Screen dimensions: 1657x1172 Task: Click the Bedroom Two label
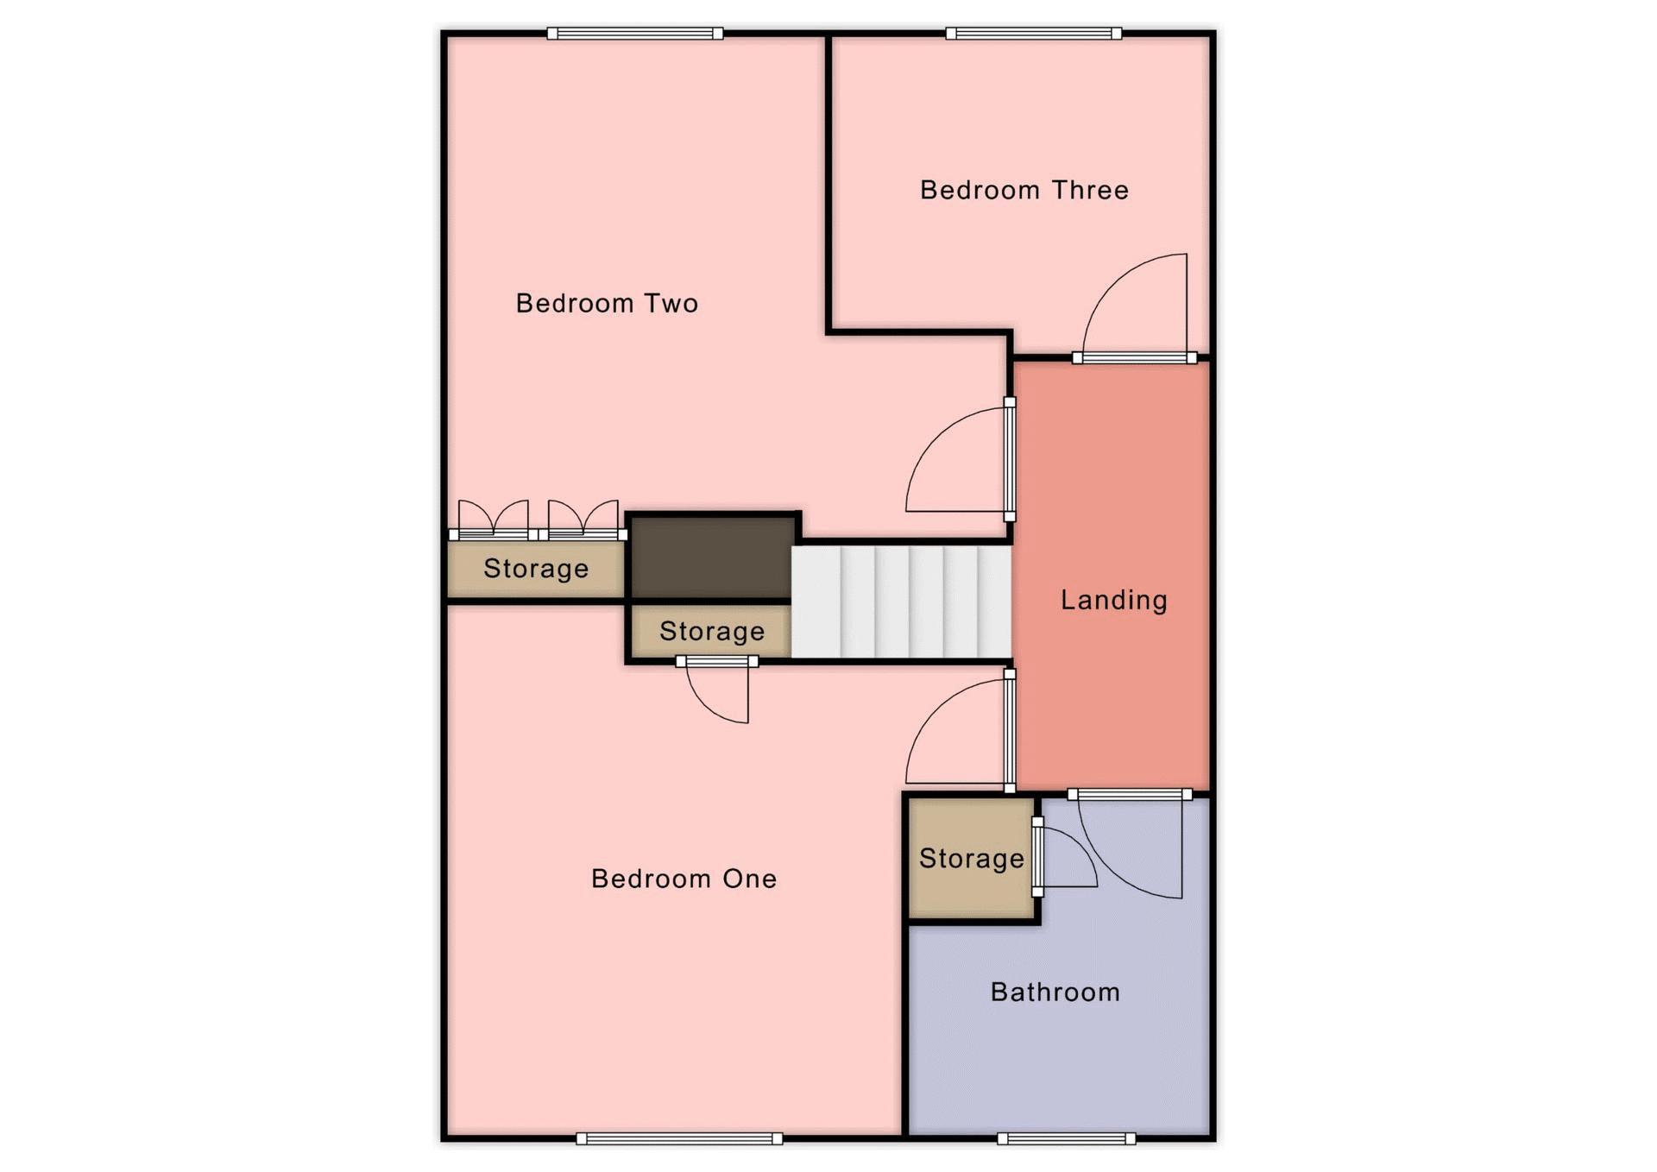coord(607,303)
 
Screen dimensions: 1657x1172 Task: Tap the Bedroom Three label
coord(1024,190)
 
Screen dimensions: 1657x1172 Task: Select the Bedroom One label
coord(684,879)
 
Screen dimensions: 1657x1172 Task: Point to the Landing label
coord(1113,600)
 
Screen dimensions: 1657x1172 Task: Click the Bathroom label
coord(1055,992)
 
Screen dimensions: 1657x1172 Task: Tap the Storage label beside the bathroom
coord(972,858)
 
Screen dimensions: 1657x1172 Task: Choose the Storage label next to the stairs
coord(712,631)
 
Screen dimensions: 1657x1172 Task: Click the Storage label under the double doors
coord(536,568)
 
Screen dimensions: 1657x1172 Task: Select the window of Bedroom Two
coord(635,34)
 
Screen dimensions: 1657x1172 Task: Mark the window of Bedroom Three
coord(1034,34)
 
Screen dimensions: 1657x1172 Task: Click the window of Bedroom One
coord(679,1138)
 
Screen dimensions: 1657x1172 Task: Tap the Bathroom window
coord(1067,1138)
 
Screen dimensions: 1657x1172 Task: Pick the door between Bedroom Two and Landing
coord(1009,459)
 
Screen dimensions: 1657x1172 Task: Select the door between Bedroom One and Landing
coord(1009,730)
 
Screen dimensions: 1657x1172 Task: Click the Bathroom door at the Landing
coord(1130,794)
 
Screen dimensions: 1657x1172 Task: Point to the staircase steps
coord(901,601)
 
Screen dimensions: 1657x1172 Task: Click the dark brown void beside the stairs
coord(712,557)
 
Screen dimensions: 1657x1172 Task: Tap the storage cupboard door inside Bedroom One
coord(717,662)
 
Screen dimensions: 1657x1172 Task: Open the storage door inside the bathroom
coord(1037,857)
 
